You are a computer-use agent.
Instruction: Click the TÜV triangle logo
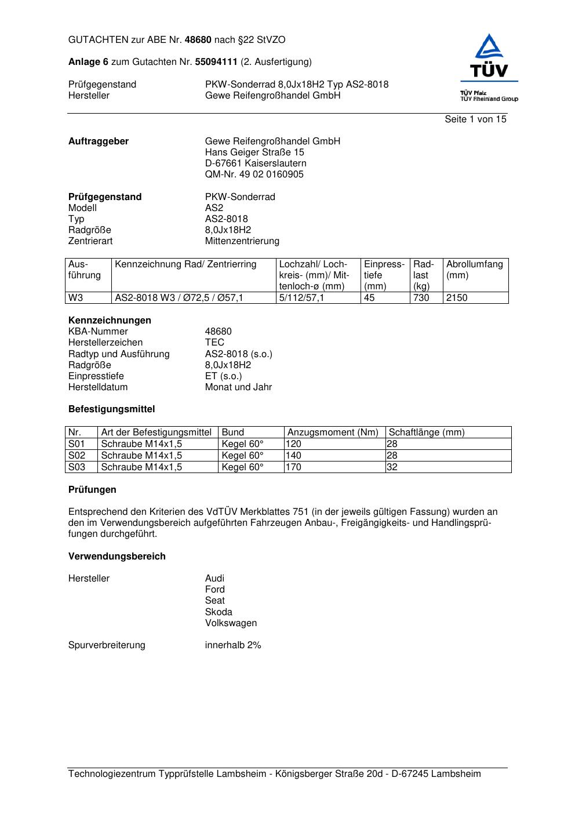coord(489,46)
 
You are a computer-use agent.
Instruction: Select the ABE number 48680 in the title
coord(198,40)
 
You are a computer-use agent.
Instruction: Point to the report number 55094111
coord(216,62)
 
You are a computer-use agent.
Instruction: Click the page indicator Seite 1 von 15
coord(475,119)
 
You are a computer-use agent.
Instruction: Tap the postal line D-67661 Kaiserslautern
coord(256,163)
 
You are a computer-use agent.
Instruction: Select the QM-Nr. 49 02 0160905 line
coord(254,175)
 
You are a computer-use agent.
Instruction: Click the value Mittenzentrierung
coord(242,241)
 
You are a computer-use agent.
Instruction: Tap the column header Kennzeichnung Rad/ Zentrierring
coord(185,264)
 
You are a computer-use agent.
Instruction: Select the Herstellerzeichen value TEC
coord(214,343)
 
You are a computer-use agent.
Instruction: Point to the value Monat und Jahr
coord(238,387)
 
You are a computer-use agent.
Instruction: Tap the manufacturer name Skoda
coord(219,612)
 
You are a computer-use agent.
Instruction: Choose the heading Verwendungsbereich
coord(117,557)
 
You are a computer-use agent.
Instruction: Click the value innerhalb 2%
coord(233,645)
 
